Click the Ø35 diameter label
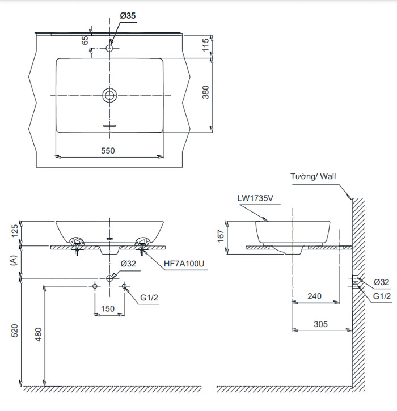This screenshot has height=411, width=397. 128,16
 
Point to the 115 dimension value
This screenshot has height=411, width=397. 205,45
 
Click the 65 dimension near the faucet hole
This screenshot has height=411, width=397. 86,40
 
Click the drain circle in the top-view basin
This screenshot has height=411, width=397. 109,95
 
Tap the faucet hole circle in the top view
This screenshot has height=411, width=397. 109,49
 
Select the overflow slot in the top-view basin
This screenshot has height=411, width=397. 109,124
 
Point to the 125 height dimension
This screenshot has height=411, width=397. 15,230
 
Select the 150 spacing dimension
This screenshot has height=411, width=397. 108,309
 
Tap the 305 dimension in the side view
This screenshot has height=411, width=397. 322,324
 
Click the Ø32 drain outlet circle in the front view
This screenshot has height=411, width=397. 109,278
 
